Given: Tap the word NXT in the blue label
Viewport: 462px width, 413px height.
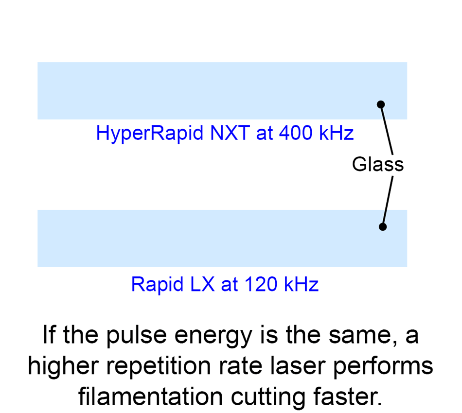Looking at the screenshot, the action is pyautogui.click(x=230, y=133).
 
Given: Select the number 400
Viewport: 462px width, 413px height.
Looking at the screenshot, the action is pyautogui.click(x=295, y=133).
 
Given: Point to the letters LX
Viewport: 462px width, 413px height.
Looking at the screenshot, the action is pyautogui.click(x=202, y=284).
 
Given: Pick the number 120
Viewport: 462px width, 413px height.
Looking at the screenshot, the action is pyautogui.click(x=261, y=284).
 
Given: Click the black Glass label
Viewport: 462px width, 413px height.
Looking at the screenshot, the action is pyautogui.click(x=378, y=164).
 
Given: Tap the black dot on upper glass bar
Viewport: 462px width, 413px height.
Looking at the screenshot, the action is pyautogui.click(x=381, y=104).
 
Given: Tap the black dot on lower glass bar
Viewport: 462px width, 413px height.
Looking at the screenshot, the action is pyautogui.click(x=382, y=227).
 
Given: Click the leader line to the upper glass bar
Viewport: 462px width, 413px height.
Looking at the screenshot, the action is pyautogui.click(x=387, y=130).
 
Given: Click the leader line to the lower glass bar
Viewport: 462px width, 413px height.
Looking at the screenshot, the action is pyautogui.click(x=388, y=201).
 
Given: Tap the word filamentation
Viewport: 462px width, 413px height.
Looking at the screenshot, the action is pyautogui.click(x=151, y=397).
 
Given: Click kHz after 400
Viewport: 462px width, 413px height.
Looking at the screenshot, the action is pyautogui.click(x=337, y=133).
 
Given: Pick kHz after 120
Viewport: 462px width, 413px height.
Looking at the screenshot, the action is pyautogui.click(x=302, y=284).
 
